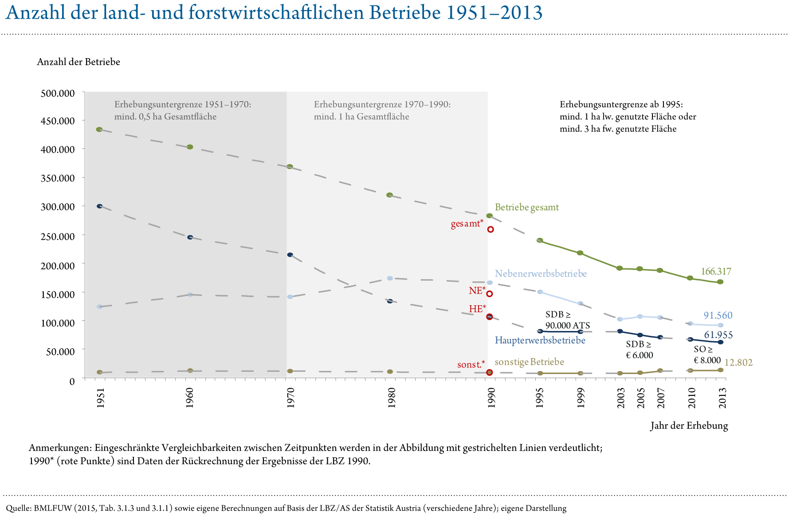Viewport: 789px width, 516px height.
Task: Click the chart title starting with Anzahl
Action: coord(273,13)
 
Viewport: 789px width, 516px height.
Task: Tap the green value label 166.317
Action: coord(715,272)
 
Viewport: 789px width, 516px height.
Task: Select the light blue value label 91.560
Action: coord(718,315)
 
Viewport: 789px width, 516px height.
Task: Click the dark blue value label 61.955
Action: coord(718,335)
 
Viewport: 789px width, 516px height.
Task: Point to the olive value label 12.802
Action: coord(738,362)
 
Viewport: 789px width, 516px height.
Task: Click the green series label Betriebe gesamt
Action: coord(526,207)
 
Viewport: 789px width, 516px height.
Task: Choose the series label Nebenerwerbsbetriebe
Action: coord(541,274)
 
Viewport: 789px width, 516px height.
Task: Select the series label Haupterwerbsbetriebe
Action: coord(540,340)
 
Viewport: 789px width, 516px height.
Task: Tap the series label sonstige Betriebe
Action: coord(529,362)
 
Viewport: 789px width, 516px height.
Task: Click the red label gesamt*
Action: coord(467,224)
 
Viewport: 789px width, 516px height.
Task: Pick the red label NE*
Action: coord(477,291)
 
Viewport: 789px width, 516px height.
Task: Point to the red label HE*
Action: coord(477,309)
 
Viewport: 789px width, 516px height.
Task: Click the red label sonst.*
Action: coord(471,365)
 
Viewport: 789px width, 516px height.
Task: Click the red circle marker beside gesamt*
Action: coord(491,229)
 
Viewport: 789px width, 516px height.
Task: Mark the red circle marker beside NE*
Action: coord(490,294)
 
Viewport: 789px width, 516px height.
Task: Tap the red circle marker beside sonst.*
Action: coord(489,372)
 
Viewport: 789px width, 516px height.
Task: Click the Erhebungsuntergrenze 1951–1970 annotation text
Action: coord(182,110)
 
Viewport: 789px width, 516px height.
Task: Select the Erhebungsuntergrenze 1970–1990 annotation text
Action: coord(382,110)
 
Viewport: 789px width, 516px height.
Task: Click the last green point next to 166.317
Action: coord(720,282)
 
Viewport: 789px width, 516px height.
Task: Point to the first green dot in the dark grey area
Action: coord(99,130)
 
